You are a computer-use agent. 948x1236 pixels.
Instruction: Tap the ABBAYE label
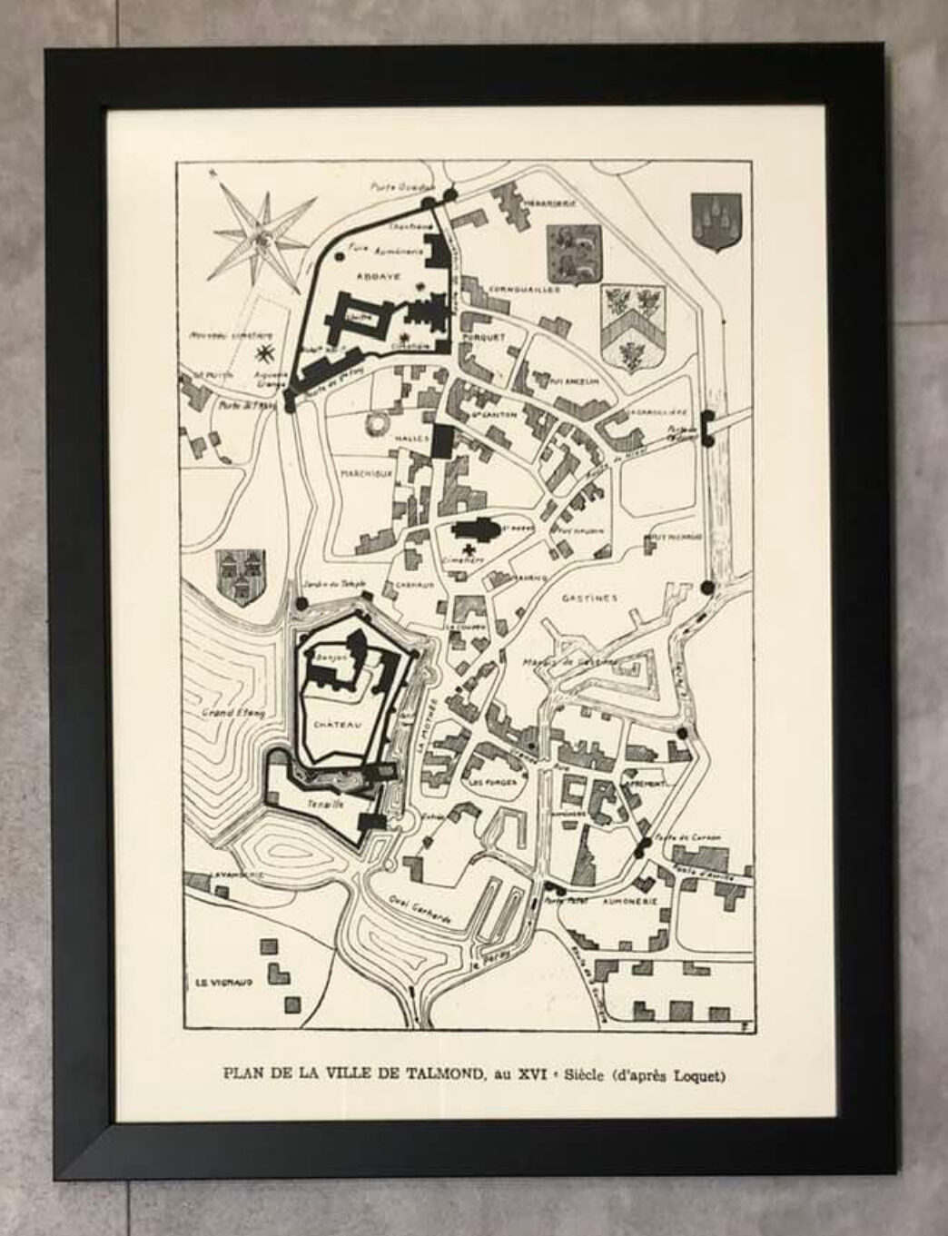[x=374, y=275]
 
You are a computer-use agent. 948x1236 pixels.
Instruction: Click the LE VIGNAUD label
[x=223, y=983]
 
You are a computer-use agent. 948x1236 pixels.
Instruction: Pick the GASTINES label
[x=590, y=598]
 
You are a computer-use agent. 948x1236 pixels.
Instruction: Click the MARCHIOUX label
[x=366, y=473]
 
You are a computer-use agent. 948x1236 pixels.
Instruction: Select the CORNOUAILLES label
[x=524, y=290]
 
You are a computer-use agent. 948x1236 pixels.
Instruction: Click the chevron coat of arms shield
[x=632, y=327]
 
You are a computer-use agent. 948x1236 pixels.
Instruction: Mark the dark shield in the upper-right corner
[x=716, y=222]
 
